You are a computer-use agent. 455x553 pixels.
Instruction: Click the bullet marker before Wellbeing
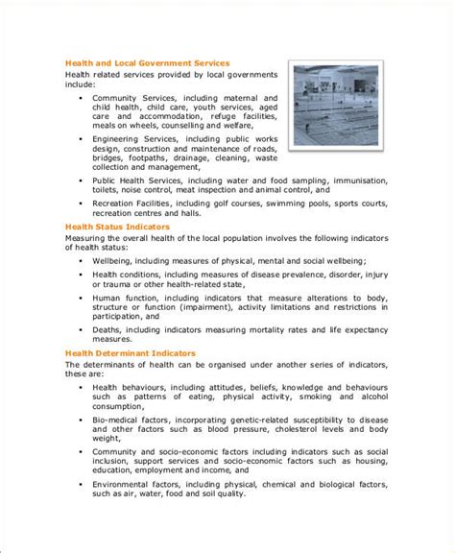pyautogui.click(x=83, y=260)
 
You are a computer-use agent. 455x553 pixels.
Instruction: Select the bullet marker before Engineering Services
pyautogui.click(x=83, y=139)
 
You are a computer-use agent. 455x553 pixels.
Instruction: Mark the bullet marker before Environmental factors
pyautogui.click(x=83, y=512)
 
